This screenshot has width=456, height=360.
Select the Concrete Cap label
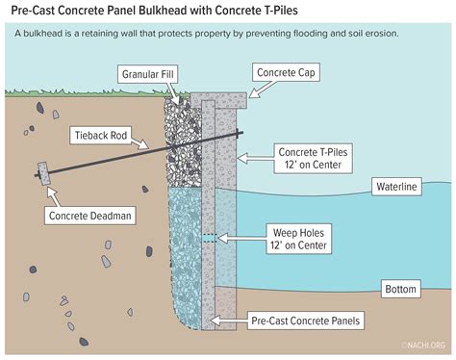click(286, 73)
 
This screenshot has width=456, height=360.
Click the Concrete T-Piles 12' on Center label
click(311, 159)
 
